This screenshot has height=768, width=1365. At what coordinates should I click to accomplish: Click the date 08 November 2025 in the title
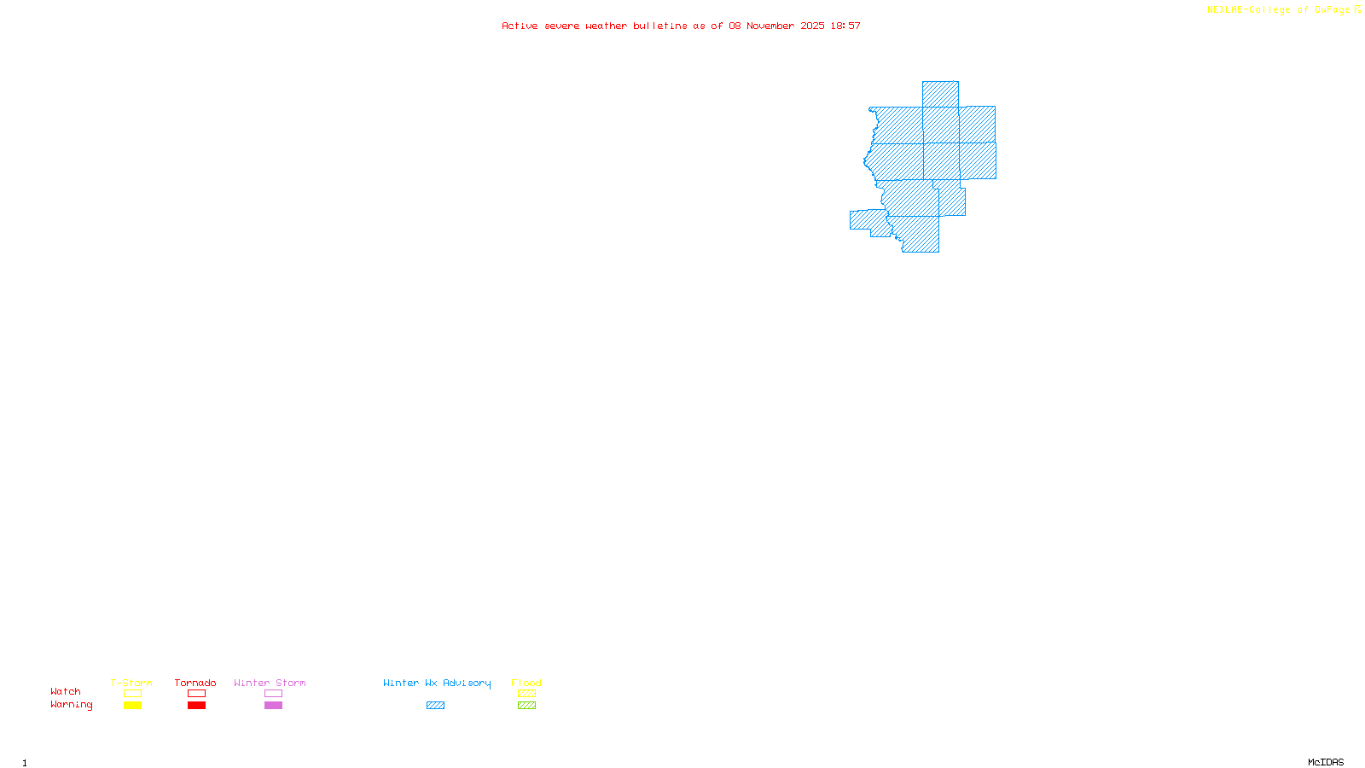776,26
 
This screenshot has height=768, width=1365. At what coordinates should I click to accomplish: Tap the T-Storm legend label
131,683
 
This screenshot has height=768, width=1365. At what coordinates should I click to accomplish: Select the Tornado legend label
195,683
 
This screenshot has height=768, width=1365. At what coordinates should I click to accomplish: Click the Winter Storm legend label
270,683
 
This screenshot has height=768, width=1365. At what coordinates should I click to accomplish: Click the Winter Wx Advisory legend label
437,683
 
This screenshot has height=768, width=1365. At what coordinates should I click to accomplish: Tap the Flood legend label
526,683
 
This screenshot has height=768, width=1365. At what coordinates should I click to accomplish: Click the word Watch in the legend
66,692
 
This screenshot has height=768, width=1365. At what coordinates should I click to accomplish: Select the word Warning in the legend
72,705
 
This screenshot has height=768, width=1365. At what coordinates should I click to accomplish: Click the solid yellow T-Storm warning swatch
132,706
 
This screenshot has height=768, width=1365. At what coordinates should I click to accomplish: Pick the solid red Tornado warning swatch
196,706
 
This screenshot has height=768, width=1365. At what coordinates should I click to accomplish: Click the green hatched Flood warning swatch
527,706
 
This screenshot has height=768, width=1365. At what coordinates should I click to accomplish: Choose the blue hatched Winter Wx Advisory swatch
435,706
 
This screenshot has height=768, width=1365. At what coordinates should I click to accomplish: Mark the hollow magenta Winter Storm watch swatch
273,694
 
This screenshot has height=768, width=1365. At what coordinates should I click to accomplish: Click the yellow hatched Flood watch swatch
527,694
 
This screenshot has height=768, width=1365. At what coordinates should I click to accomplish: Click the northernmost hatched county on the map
940,94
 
